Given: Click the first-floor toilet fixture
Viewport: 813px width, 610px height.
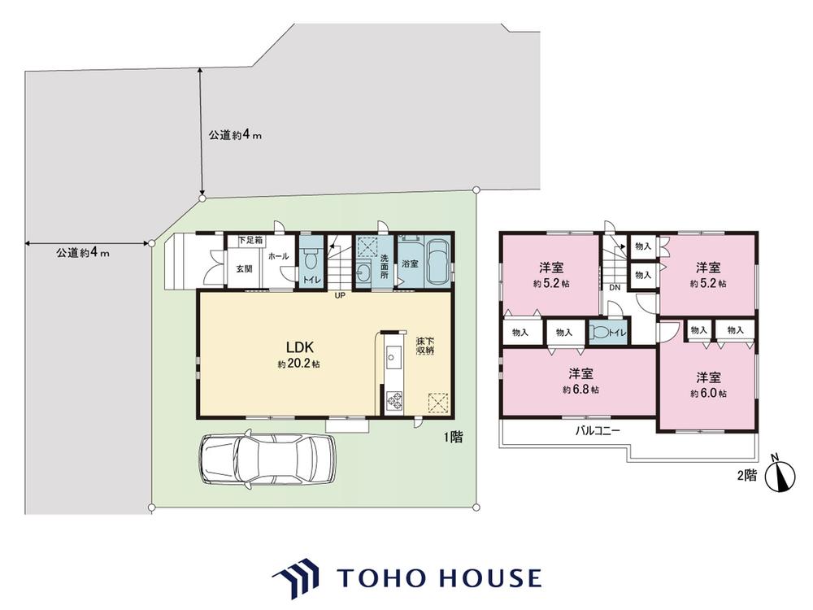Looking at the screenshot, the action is pyautogui.click(x=311, y=259).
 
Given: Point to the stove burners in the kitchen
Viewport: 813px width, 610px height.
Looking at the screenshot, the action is pyautogui.click(x=393, y=400).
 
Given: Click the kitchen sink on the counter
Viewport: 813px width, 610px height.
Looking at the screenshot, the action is pyautogui.click(x=393, y=357).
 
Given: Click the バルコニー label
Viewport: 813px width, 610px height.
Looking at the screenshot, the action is pyautogui.click(x=598, y=430).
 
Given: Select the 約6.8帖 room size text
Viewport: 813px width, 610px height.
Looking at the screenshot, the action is pyautogui.click(x=580, y=390).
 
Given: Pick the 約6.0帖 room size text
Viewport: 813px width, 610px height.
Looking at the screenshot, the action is pyautogui.click(x=708, y=393).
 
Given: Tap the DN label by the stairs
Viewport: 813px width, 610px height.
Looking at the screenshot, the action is pyautogui.click(x=615, y=287).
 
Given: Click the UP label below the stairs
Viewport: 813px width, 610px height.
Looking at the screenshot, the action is pyautogui.click(x=340, y=296).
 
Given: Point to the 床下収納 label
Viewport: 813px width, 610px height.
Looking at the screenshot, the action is pyautogui.click(x=425, y=346).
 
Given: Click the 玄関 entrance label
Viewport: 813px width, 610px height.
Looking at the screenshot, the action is pyautogui.click(x=244, y=268).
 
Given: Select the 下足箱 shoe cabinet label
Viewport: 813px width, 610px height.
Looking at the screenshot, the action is pyautogui.click(x=250, y=241).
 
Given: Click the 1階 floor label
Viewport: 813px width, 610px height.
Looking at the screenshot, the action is pyautogui.click(x=453, y=438).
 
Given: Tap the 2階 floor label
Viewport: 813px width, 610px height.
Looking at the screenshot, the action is pyautogui.click(x=746, y=475).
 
